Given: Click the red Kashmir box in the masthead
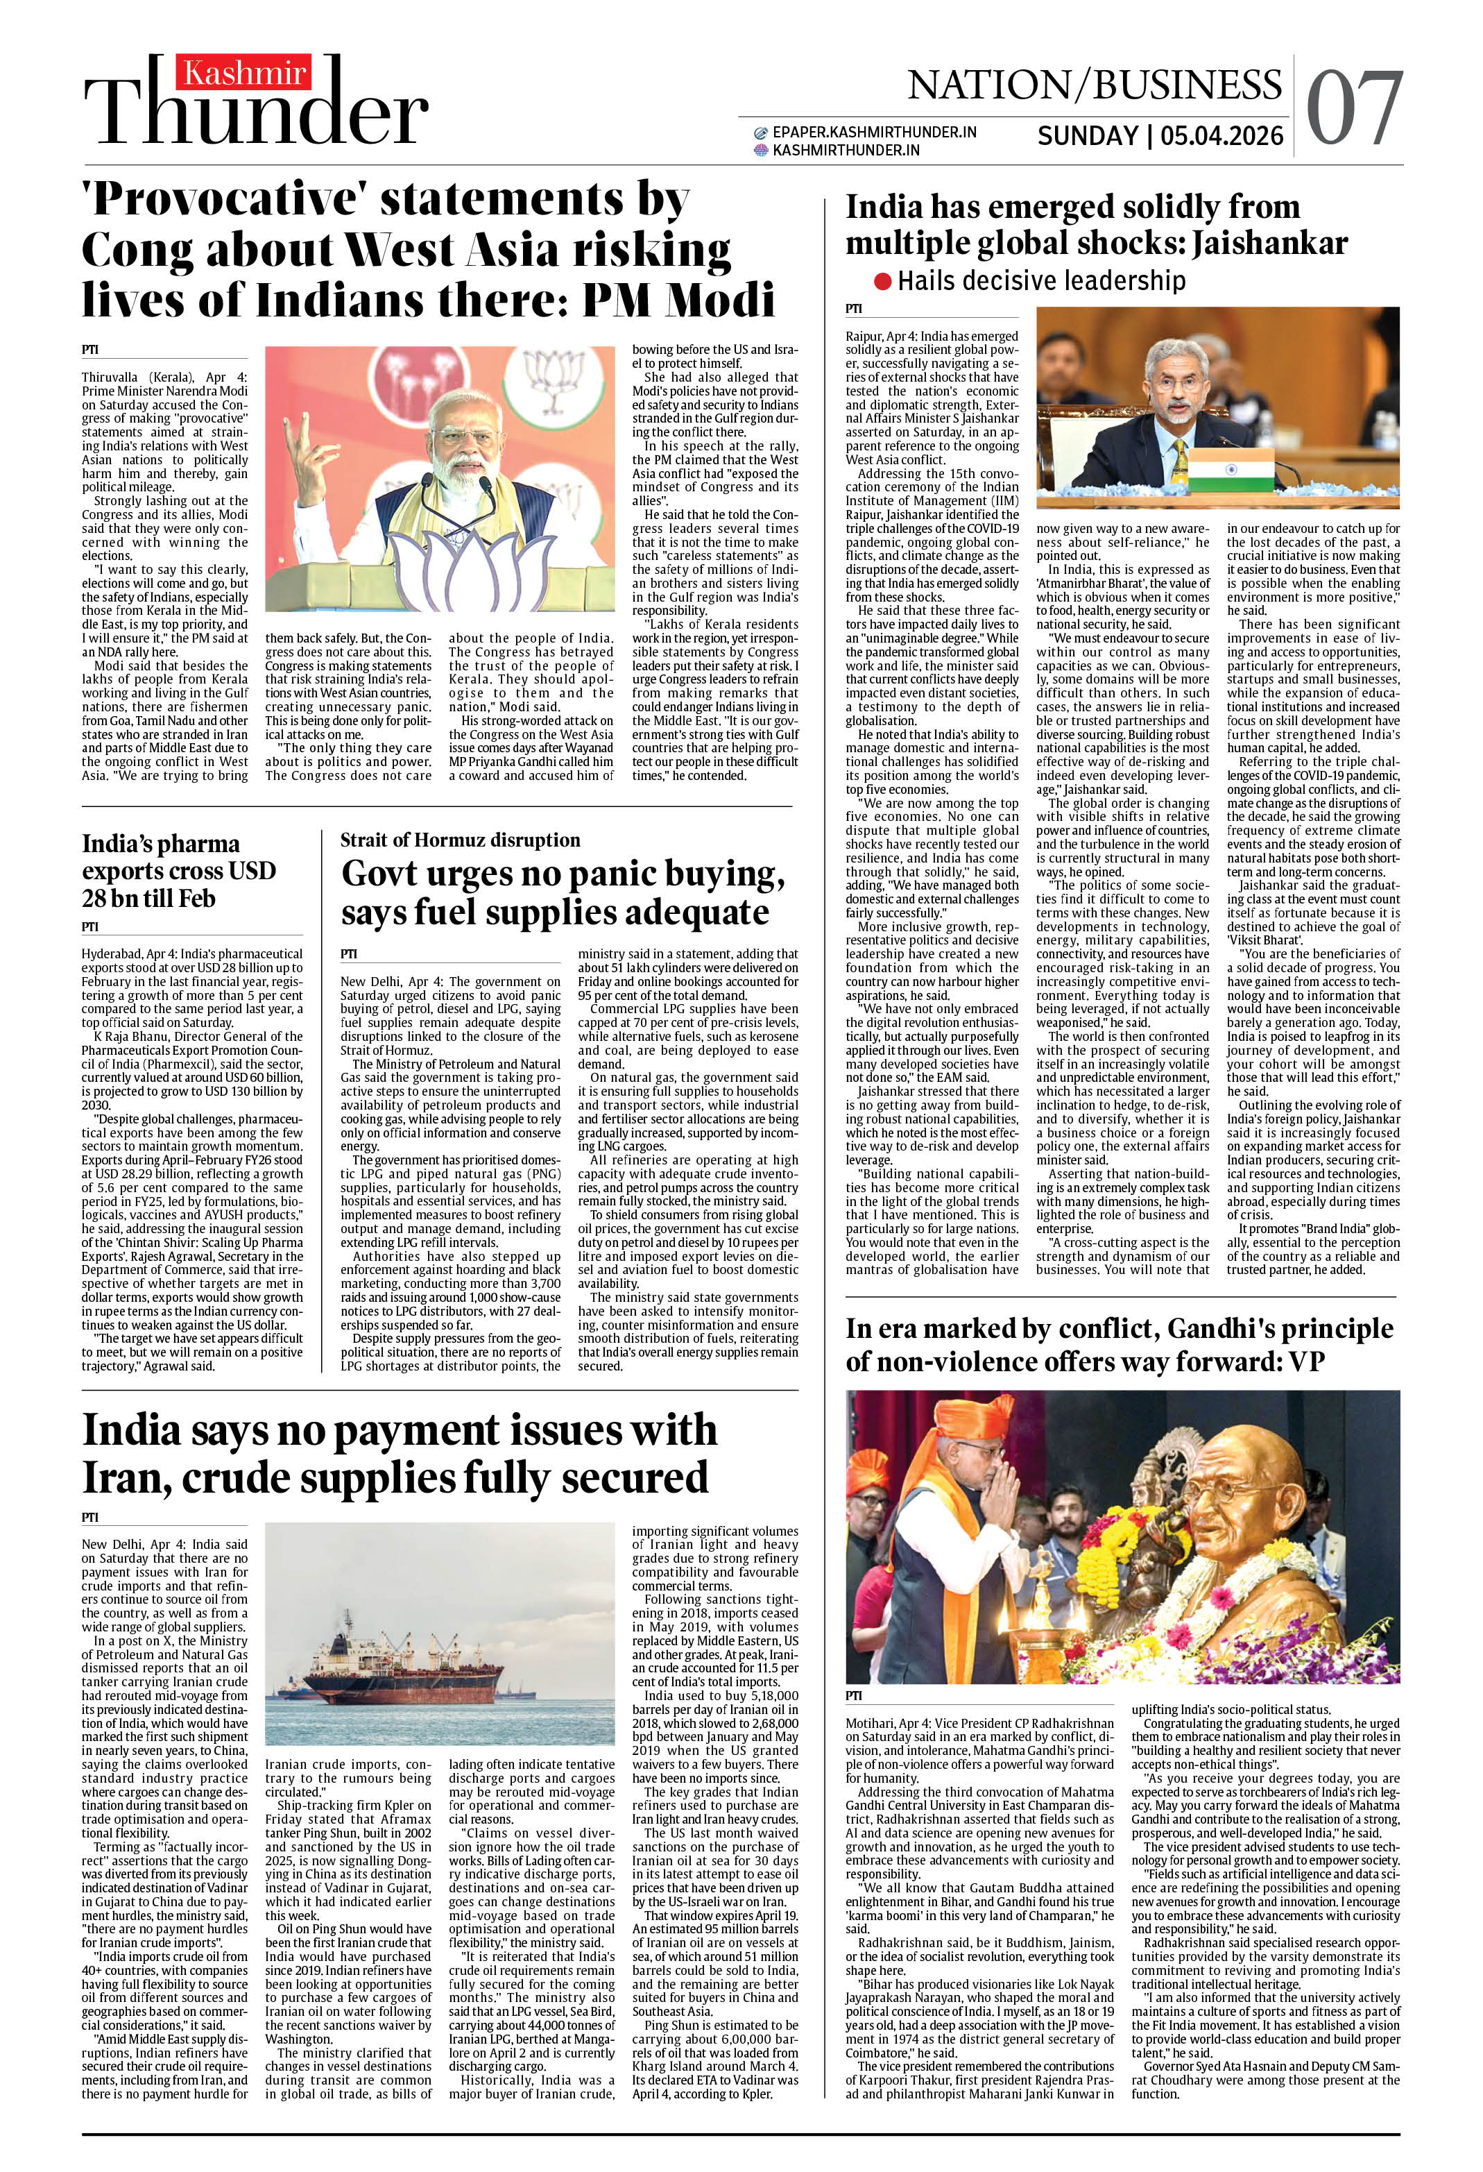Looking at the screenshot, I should (x=244, y=73).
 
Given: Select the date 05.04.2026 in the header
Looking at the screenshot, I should (x=1221, y=137).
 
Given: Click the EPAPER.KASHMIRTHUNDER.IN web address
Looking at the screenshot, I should (x=874, y=133).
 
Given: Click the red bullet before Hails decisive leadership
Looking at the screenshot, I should (x=882, y=281).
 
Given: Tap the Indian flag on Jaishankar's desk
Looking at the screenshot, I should (x=1231, y=466).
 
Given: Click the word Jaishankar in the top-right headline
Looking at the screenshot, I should (x=1269, y=244).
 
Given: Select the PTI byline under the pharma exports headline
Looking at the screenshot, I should (x=89, y=927).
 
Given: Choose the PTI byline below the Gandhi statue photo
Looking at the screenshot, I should (x=854, y=1695).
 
